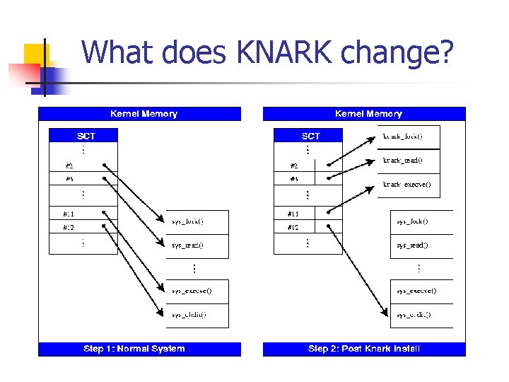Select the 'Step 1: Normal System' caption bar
coord(139,348)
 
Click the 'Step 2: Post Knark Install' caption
coord(364,348)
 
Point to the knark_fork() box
coord(406,136)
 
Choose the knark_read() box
coord(406,161)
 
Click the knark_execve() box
coord(406,185)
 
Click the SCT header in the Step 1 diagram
coord(86,136)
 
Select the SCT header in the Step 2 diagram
coord(311,136)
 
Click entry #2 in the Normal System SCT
coord(70,166)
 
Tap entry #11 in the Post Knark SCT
coord(293,213)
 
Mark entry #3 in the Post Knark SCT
coord(294,179)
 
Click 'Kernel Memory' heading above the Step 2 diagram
coord(368,114)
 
